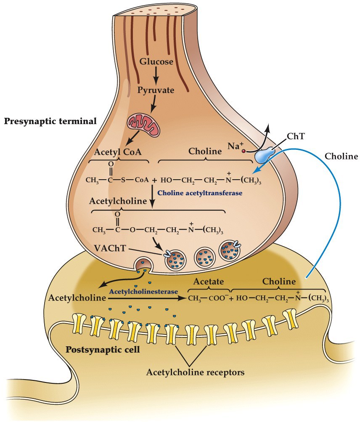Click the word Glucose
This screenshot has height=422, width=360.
(156, 61)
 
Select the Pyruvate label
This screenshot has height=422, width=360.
(156, 90)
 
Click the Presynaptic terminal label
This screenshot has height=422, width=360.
(50, 121)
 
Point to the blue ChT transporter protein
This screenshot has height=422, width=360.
(264, 154)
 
